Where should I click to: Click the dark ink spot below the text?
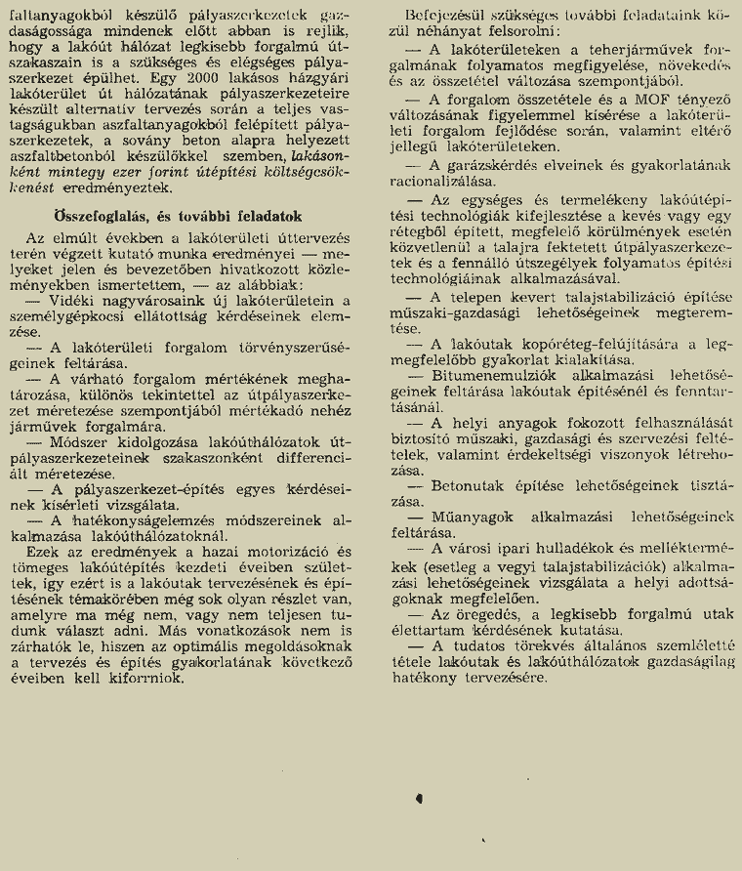pyautogui.click(x=418, y=798)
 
